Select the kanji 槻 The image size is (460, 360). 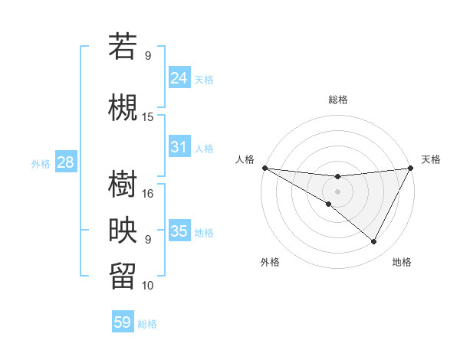tap(123, 106)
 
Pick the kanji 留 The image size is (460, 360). tap(123, 275)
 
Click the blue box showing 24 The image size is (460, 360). tap(179, 77)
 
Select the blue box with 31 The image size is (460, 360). tap(179, 147)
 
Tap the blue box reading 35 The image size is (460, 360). tap(179, 231)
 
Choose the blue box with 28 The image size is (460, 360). tap(65, 162)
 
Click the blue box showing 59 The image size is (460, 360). tap(123, 322)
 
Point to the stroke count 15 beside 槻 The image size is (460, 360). tap(148, 116)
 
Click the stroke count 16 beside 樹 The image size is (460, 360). tap(148, 193)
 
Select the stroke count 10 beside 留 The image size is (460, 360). tap(148, 285)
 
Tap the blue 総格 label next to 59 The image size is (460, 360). tap(147, 324)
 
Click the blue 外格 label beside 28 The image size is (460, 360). tap(41, 164)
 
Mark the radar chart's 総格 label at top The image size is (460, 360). tap(337, 100)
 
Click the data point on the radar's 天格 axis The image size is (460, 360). tap(411, 168)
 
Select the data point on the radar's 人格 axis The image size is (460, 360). tap(264, 168)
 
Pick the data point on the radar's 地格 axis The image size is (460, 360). tap(374, 242)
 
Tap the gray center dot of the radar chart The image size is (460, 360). tap(337, 191)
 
